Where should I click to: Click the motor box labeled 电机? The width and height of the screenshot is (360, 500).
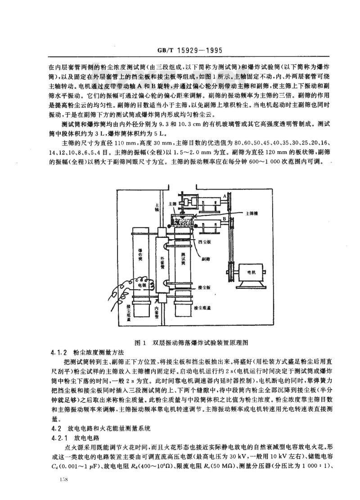coord(252,273)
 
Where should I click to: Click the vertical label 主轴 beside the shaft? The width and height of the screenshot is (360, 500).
coord(156,207)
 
